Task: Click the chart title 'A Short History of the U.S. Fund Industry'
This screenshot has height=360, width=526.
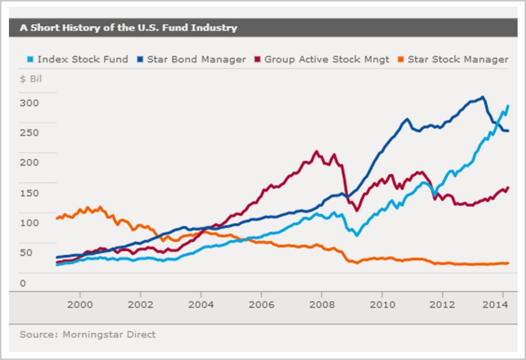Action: tap(128, 28)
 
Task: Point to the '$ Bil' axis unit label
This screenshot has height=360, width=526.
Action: tap(30, 79)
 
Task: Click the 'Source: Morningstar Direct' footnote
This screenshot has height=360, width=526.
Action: tap(87, 334)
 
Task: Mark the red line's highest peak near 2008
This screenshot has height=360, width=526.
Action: tap(316, 151)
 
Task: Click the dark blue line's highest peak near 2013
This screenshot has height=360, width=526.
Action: tap(483, 97)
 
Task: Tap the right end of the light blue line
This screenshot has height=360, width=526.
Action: tap(508, 106)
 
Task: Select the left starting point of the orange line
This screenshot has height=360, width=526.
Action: tap(57, 218)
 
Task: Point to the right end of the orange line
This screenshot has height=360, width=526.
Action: tap(508, 263)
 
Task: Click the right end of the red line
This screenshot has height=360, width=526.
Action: tap(508, 187)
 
